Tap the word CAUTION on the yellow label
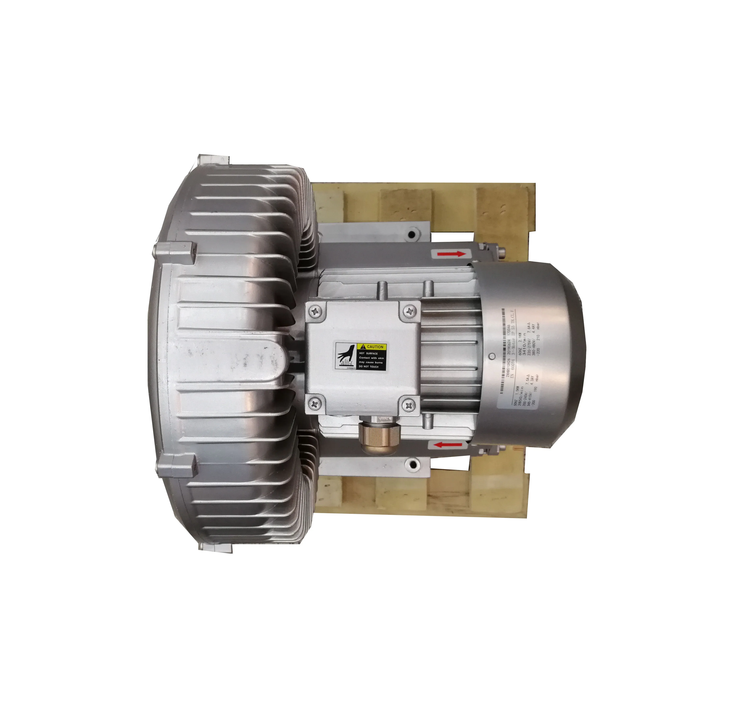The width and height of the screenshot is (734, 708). (x=375, y=347)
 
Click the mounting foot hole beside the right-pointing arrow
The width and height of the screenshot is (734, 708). (x=412, y=235)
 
